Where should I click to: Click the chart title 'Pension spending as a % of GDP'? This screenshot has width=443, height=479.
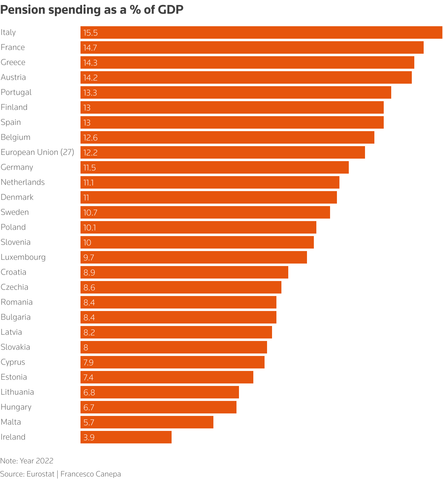pyautogui.click(x=92, y=10)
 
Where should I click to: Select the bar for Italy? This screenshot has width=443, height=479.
pyautogui.click(x=261, y=32)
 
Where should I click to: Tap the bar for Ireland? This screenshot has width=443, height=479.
pyautogui.click(x=126, y=437)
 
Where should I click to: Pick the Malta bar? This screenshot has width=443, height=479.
pyautogui.click(x=147, y=422)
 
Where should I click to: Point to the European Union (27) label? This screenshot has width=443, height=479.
pyautogui.click(x=37, y=152)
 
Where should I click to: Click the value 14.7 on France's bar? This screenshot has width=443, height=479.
pyautogui.click(x=90, y=48)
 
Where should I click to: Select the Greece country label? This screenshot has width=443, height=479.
pyautogui.click(x=13, y=62)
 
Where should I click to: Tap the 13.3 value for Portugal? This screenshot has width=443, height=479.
pyautogui.click(x=90, y=93)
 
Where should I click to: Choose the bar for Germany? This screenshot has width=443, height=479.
pyautogui.click(x=215, y=167)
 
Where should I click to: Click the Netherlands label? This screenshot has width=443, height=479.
pyautogui.click(x=23, y=182)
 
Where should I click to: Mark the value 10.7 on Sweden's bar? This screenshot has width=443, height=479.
pyautogui.click(x=90, y=213)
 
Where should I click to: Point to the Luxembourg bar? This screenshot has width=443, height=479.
pyautogui.click(x=194, y=257)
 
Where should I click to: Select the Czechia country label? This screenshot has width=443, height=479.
pyautogui.click(x=15, y=287)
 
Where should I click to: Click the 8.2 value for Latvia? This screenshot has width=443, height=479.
pyautogui.click(x=89, y=333)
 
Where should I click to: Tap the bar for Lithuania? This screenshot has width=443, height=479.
pyautogui.click(x=160, y=392)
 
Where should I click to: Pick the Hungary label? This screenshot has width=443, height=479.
pyautogui.click(x=16, y=407)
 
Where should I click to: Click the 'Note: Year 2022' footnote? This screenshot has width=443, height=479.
pyautogui.click(x=27, y=461)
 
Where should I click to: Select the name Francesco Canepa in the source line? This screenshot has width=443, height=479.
pyautogui.click(x=90, y=474)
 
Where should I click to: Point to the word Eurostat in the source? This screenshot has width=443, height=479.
pyautogui.click(x=41, y=474)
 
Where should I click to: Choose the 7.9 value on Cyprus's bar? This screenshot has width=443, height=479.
pyautogui.click(x=89, y=363)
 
